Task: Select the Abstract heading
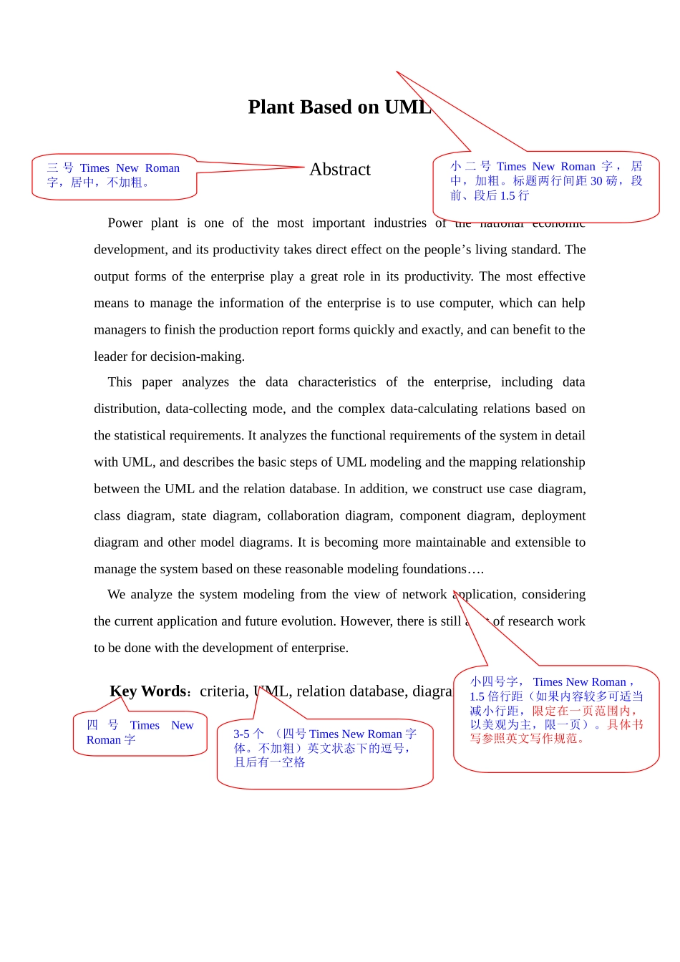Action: point(340,170)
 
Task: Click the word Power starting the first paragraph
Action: point(125,223)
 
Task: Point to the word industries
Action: point(399,223)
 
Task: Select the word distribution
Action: point(127,409)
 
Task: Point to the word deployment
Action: point(553,516)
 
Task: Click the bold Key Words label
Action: point(148,691)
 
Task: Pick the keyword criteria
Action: point(223,691)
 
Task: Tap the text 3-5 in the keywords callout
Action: point(241,734)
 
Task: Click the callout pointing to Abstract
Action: point(115,176)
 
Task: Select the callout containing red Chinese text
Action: point(556,718)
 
